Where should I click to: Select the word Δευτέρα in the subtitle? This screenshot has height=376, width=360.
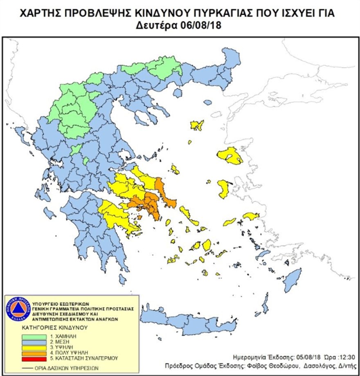(x=157, y=25)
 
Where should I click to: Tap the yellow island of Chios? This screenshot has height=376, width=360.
(x=224, y=189)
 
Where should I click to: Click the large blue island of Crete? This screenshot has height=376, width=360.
(x=196, y=323)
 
